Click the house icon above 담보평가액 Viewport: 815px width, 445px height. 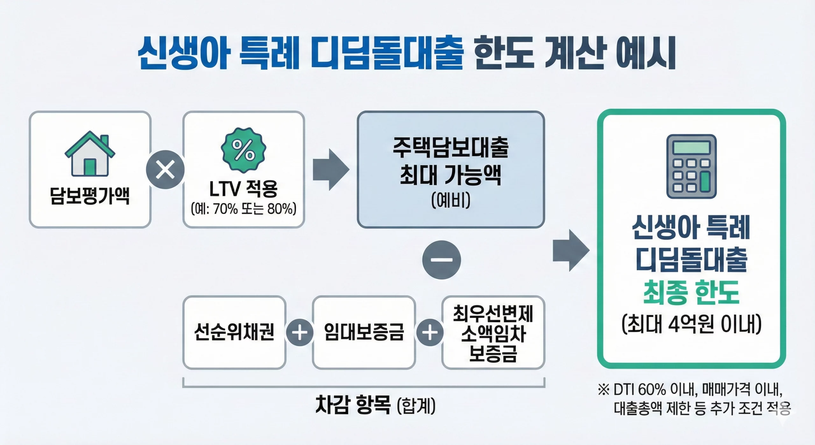(90, 154)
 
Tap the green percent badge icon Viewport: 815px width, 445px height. (244, 150)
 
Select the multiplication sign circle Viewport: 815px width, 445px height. (165, 169)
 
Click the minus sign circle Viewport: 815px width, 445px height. (441, 260)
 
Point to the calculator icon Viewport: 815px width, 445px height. (691, 166)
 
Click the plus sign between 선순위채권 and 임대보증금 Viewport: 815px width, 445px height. (299, 332)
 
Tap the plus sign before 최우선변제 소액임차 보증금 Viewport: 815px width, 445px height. (429, 332)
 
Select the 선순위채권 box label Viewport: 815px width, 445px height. (234, 332)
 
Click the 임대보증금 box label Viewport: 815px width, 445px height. (364, 332)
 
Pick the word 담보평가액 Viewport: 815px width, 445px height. (90, 195)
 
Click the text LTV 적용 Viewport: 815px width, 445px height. (244, 189)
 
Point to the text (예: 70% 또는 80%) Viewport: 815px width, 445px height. (244, 209)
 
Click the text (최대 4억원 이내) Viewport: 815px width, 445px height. (691, 324)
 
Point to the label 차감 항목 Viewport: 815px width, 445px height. (353, 405)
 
